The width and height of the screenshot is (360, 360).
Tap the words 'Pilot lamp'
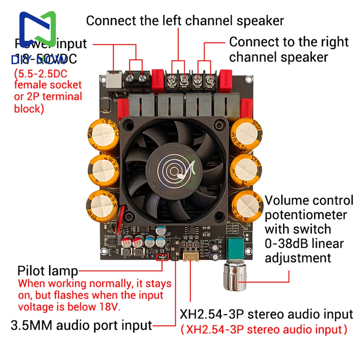[x=48, y=271]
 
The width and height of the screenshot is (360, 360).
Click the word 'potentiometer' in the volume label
[x=306, y=215]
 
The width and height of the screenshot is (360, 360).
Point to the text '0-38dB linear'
[x=304, y=244]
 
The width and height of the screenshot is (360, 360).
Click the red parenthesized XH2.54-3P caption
[x=264, y=329]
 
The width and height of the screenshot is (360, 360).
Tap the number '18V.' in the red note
[x=109, y=307]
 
